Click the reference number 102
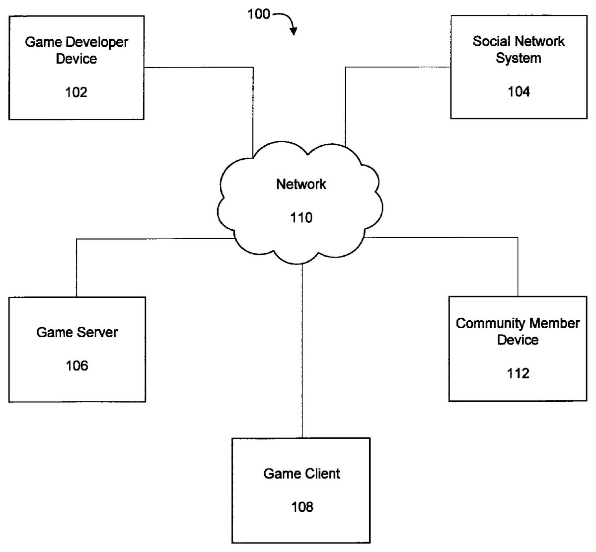[76, 92]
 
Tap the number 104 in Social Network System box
[519, 92]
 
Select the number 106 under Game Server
[77, 366]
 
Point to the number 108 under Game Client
[302, 507]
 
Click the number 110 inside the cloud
[301, 217]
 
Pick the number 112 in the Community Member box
[518, 373]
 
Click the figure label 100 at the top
[259, 14]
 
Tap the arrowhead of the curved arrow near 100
[294, 31]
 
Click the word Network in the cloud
[301, 184]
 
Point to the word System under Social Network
[519, 58]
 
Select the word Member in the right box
[554, 323]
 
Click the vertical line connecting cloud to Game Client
[302, 351]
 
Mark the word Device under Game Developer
[76, 59]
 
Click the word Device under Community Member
[518, 340]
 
